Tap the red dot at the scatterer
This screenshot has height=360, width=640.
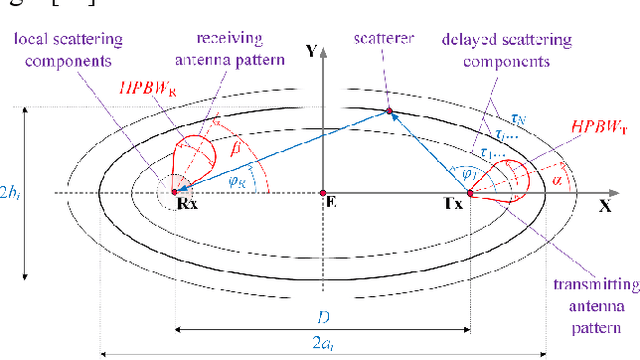tap(390, 110)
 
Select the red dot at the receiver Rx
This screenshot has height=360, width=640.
tap(174, 192)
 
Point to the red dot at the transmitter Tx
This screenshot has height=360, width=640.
tap(468, 192)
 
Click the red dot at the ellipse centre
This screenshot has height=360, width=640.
tap(322, 192)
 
